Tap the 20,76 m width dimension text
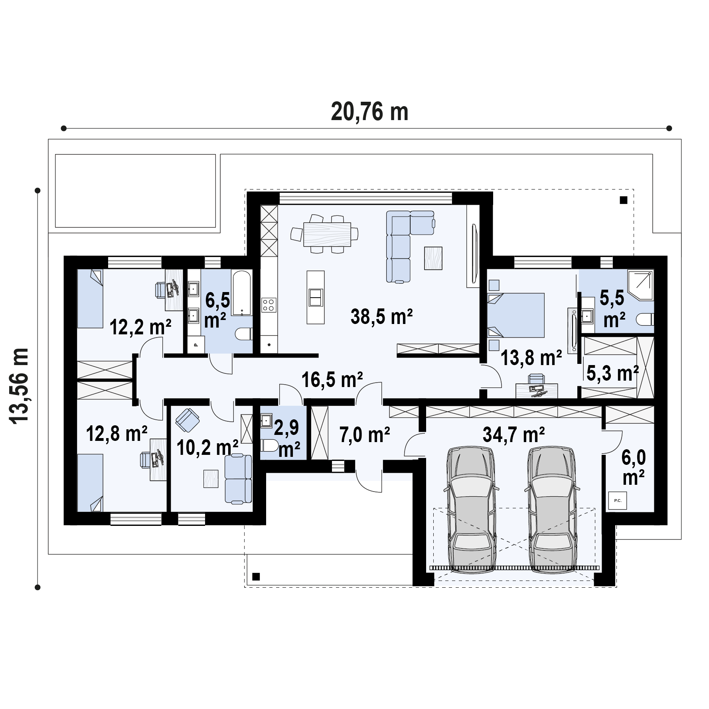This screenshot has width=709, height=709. (x=370, y=112)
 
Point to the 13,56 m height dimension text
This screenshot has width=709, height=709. (x=19, y=386)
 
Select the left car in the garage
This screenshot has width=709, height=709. (x=472, y=511)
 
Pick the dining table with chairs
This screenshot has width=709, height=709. (x=324, y=233)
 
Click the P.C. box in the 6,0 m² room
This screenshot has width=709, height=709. (x=617, y=500)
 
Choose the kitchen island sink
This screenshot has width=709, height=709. (x=315, y=297)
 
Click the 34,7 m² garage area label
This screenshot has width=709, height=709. (x=514, y=434)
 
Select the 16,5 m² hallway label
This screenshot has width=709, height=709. (x=332, y=379)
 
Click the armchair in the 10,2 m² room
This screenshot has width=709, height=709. (x=187, y=421)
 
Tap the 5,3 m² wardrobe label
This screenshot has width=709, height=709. (x=612, y=373)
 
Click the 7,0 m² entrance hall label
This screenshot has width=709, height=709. (x=365, y=434)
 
